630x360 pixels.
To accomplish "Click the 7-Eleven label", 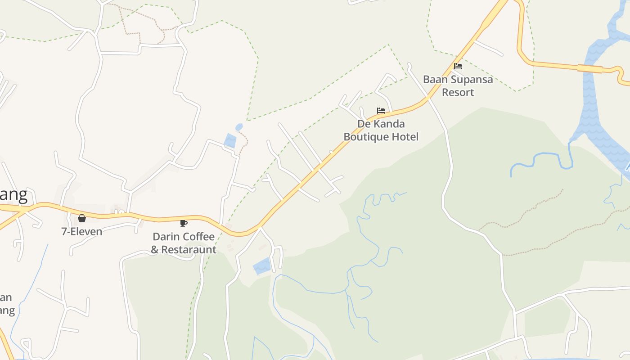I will (82, 232).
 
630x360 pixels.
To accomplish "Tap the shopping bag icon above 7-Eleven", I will (82, 218).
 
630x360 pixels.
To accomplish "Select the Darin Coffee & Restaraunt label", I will (184, 243).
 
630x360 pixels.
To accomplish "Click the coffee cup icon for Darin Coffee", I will (184, 223).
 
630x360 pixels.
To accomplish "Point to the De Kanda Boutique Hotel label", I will (381, 130).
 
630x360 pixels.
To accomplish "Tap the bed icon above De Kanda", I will (381, 110).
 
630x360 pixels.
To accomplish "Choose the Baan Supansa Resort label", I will (458, 85).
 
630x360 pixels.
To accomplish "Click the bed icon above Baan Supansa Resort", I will (458, 66).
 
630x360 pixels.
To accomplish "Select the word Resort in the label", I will (458, 92).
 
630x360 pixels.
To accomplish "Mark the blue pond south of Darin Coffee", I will (262, 266).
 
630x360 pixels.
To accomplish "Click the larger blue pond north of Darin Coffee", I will (230, 140).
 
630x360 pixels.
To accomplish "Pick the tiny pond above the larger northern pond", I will (238, 127).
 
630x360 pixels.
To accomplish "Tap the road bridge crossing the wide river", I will (590, 68).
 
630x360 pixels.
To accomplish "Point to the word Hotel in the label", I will (405, 137).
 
